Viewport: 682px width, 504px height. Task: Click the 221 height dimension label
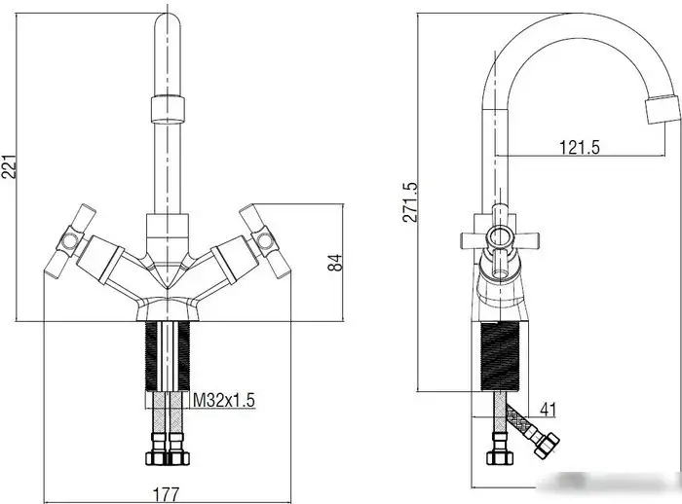pyautogui.click(x=9, y=166)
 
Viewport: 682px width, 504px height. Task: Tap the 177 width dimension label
pyautogui.click(x=166, y=494)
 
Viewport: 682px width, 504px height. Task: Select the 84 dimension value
pyautogui.click(x=335, y=263)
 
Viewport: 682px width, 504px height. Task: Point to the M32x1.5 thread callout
pyautogui.click(x=223, y=400)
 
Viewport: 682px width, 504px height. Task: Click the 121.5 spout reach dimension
pyautogui.click(x=579, y=147)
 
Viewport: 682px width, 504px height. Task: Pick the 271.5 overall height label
pyautogui.click(x=410, y=202)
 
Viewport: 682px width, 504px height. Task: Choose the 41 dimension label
pyautogui.click(x=548, y=410)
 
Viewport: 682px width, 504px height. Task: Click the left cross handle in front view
pyautogui.click(x=70, y=241)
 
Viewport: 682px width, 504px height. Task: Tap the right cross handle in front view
pyautogui.click(x=265, y=240)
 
